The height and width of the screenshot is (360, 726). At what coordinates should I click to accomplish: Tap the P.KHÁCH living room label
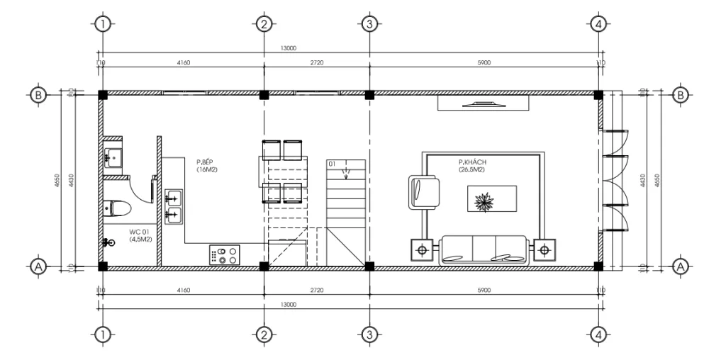tap(471, 166)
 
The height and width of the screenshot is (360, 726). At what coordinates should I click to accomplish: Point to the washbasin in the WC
tap(113, 156)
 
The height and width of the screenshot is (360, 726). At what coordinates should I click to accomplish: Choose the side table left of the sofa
tap(423, 249)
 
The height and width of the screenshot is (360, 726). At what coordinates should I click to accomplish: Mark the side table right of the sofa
tap(544, 249)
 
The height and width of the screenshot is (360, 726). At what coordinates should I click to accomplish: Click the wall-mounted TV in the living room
tap(483, 104)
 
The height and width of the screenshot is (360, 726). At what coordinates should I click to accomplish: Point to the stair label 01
tap(332, 164)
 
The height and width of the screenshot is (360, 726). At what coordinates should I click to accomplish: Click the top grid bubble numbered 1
tap(104, 24)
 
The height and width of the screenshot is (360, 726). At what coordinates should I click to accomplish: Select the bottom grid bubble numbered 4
tap(599, 334)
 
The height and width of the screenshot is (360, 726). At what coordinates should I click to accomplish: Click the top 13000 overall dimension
tap(289, 48)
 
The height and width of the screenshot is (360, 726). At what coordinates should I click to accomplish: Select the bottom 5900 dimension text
tap(484, 290)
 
